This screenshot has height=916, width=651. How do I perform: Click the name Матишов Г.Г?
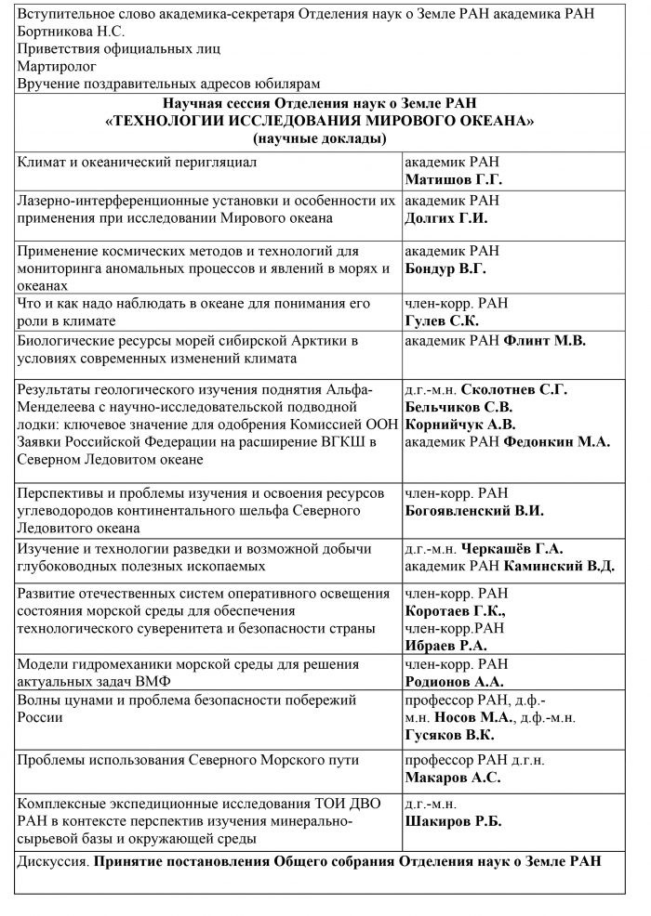click(x=453, y=179)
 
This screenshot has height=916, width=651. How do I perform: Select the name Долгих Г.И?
click(x=446, y=219)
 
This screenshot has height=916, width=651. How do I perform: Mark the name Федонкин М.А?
click(x=556, y=442)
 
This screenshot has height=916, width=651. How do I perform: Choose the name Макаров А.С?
click(x=453, y=778)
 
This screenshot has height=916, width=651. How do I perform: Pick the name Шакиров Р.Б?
click(x=453, y=821)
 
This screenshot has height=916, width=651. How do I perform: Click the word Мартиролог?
click(x=59, y=67)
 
